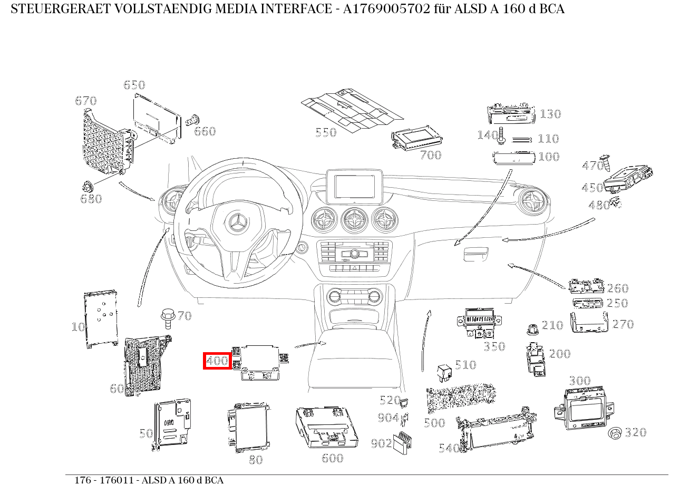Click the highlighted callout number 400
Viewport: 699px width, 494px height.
point(217,361)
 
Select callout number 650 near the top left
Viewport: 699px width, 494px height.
point(134,85)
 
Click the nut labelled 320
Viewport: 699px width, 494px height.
point(614,433)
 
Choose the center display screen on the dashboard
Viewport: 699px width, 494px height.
point(354,186)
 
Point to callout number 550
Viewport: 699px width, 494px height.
point(326,132)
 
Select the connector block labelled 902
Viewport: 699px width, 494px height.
point(402,441)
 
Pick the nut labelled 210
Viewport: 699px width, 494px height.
point(532,330)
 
